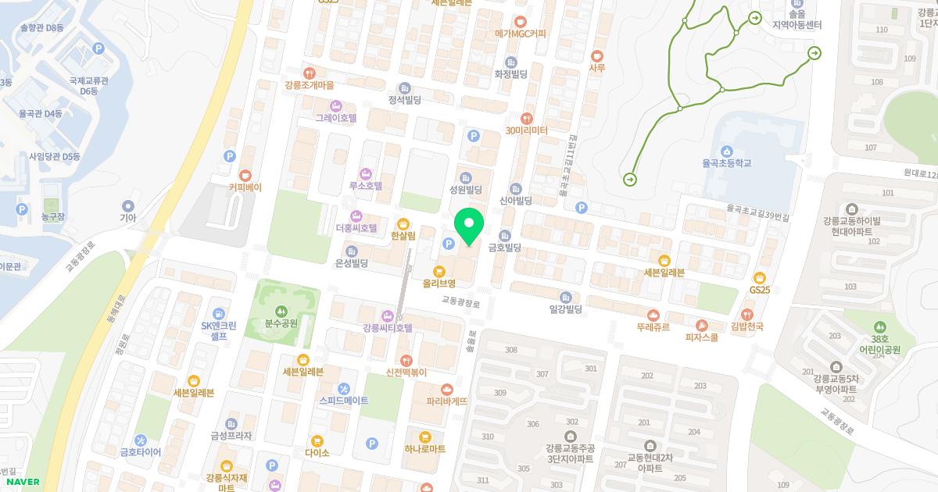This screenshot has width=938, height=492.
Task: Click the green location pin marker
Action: [469, 226]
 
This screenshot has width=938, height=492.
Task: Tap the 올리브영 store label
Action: [439, 283]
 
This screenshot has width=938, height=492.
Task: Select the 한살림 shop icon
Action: [403, 223]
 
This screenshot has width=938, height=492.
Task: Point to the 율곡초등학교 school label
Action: [726, 163]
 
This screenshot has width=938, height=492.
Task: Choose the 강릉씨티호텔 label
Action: [387, 327]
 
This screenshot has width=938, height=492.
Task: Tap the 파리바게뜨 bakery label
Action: [446, 401]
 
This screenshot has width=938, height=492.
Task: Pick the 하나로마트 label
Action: [425, 449]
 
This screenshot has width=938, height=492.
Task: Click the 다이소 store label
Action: [317, 452]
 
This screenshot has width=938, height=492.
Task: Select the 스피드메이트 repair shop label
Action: [344, 400]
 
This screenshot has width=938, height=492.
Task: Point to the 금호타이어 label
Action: [140, 451]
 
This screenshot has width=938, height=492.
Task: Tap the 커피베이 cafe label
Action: [245, 187]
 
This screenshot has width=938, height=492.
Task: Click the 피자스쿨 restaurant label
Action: [701, 337]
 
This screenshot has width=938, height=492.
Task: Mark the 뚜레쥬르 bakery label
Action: [653, 326]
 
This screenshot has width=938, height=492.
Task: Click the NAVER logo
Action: [20, 482]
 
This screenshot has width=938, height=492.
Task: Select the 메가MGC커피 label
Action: [521, 34]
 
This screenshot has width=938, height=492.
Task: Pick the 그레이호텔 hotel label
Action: [335, 118]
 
